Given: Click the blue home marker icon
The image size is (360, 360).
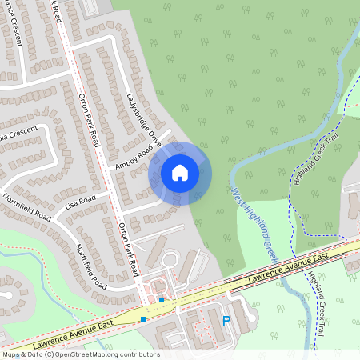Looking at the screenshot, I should click(x=180, y=172).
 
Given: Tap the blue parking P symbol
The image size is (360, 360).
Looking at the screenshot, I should click(x=226, y=321).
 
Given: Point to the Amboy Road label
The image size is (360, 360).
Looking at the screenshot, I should click(x=134, y=152).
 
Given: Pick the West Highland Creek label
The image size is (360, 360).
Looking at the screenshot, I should click(x=253, y=224).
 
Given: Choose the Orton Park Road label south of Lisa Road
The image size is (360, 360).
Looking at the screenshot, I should click(x=128, y=248).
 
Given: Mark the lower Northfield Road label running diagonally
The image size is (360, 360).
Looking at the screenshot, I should click(x=90, y=266).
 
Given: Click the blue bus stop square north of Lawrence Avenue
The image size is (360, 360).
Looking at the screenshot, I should click(x=162, y=300).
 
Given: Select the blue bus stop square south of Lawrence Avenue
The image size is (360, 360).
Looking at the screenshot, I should click(x=143, y=318).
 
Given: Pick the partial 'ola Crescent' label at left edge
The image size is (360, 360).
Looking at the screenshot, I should click(x=18, y=130).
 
